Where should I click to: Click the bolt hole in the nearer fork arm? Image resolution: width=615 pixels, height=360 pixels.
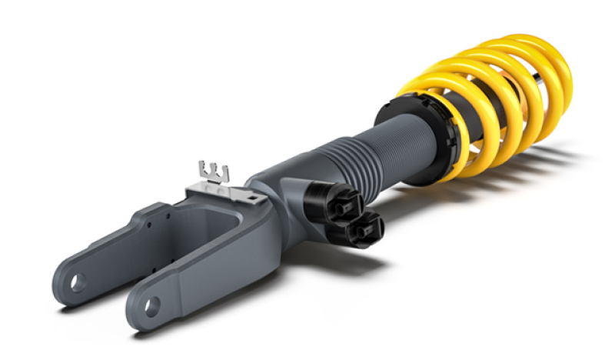click(x=151, y=305)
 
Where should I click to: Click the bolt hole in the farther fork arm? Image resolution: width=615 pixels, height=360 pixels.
click(x=78, y=282)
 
